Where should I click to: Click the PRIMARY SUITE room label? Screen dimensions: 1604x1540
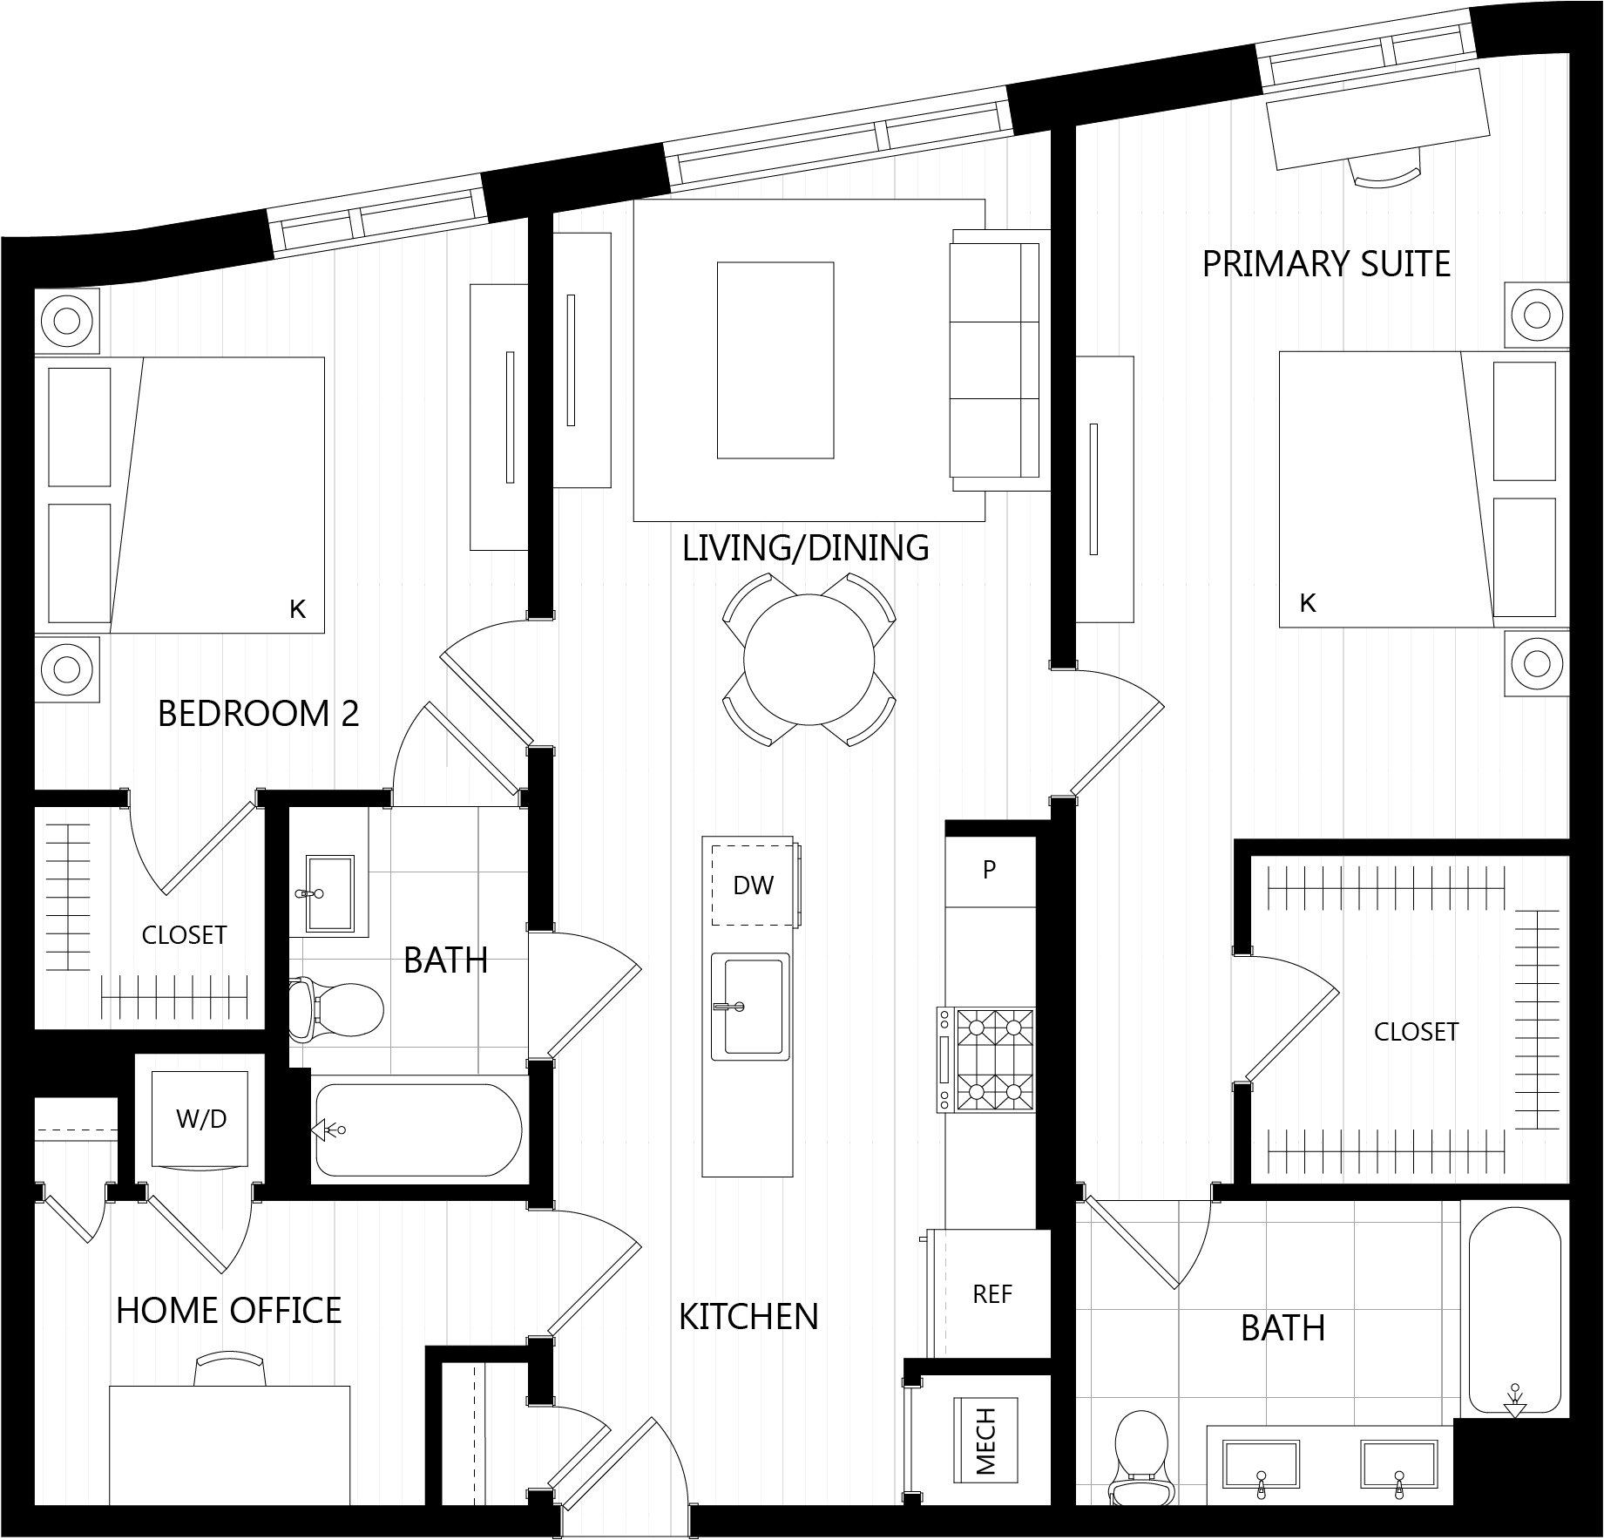pyautogui.click(x=1326, y=263)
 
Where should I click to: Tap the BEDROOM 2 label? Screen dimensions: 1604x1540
pyautogui.click(x=258, y=714)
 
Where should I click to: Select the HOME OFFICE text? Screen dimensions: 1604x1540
pyautogui.click(x=228, y=1311)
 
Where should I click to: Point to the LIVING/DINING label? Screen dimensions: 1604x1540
pyautogui.click(x=805, y=548)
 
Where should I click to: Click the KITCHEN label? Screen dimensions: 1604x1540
pyautogui.click(x=748, y=1317)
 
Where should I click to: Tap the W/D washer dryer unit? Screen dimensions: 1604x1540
pyautogui.click(x=200, y=1118)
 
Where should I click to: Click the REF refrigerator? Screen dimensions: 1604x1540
pyautogui.click(x=992, y=1293)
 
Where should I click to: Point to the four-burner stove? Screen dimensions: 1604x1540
pyautogui.click(x=986, y=1060)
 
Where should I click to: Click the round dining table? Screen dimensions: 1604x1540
pyautogui.click(x=809, y=659)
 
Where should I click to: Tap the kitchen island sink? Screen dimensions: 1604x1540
pyautogui.click(x=750, y=1007)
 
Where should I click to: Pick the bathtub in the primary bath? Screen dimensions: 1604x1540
pyautogui.click(x=1515, y=1313)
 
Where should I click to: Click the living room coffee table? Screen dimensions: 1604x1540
pyautogui.click(x=775, y=360)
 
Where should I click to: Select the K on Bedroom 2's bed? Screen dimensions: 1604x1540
pyautogui.click(x=298, y=609)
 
